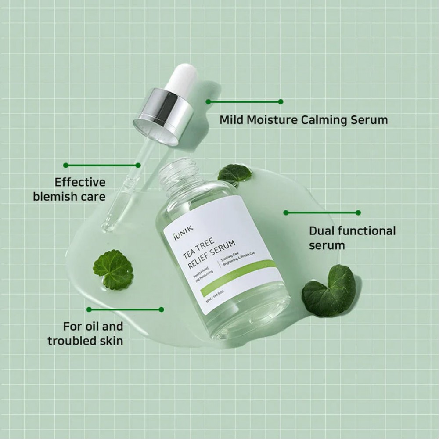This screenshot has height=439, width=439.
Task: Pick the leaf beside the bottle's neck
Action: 234,175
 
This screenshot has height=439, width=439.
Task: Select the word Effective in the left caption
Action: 80,182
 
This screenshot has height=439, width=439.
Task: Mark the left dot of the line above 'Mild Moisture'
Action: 208,101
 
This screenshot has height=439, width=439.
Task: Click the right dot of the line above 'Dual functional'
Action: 358,212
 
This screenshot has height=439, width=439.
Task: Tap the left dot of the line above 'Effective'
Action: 66,166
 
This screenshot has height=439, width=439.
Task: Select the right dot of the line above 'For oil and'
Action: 162,309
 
